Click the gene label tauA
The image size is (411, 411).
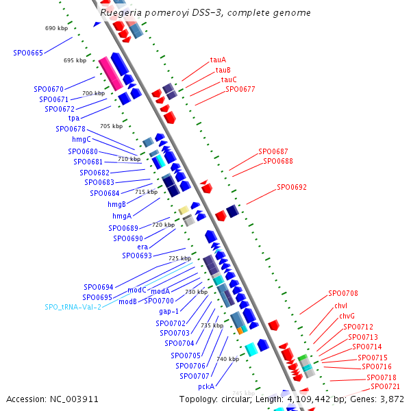pos(218,60)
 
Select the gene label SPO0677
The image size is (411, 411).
pos(240,89)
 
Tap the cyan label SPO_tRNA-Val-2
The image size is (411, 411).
pos(73,307)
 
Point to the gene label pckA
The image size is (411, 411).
pos(206,386)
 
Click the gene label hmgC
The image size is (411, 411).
pos(81,139)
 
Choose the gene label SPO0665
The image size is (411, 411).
pos(28,53)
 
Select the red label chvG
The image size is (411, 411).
pos(347,316)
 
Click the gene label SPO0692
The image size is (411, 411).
pos(292,187)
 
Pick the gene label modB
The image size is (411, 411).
pos(127,301)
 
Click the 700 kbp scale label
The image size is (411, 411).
pos(93,93)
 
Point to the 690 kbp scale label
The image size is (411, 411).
pos(56,29)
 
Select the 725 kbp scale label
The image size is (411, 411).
pos(180,258)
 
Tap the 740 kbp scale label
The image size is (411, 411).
pos(227,359)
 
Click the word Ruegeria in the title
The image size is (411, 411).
pos(121,13)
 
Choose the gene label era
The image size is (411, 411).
pos(142,247)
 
